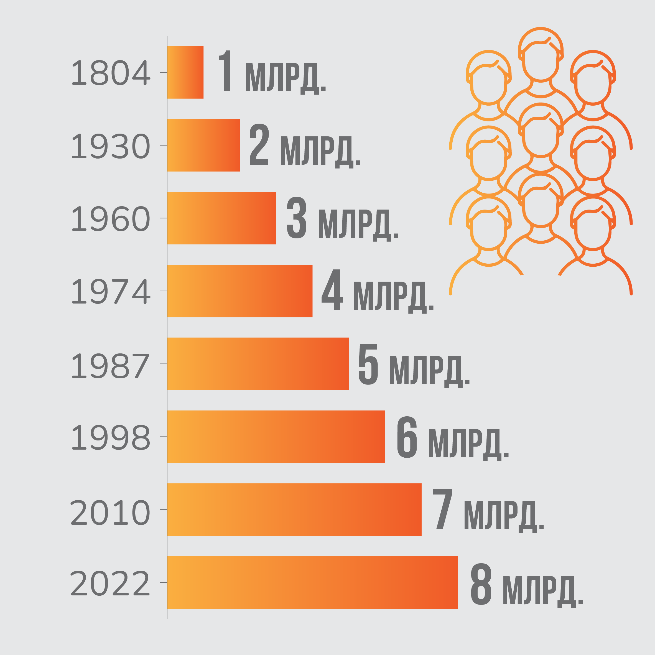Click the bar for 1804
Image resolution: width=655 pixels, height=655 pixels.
185,72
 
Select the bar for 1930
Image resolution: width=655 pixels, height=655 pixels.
203,145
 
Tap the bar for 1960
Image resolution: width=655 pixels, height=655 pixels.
221,218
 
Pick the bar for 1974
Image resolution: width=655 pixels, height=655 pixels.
240,291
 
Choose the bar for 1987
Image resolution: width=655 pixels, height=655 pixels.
258,364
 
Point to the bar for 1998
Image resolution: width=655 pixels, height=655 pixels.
276,437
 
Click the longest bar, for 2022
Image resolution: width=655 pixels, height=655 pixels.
312,582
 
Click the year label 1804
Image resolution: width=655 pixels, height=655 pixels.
111,73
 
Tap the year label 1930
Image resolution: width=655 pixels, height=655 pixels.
111,146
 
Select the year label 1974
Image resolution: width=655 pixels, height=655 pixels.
111,291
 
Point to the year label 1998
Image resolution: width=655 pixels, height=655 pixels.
111,437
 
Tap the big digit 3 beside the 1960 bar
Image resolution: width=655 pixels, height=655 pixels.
296,218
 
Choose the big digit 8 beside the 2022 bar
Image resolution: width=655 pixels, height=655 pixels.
481,583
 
